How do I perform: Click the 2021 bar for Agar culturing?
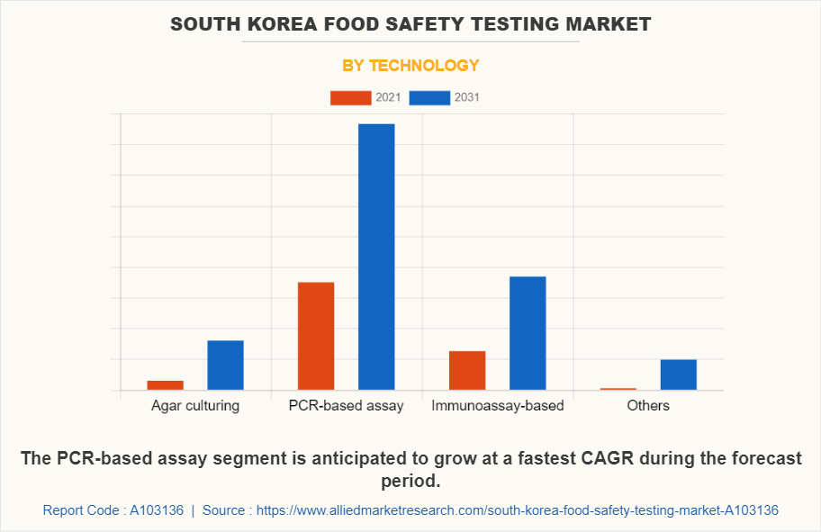[x=165, y=385]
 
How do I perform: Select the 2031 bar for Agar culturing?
[x=225, y=365]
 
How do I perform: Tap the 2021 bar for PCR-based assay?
[x=316, y=336]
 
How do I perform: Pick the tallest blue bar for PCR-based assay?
[x=376, y=257]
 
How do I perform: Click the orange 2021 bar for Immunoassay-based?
[x=467, y=370]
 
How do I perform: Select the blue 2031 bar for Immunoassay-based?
[x=528, y=333]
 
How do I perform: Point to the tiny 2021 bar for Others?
[x=618, y=389]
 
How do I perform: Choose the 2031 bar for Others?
[x=679, y=374]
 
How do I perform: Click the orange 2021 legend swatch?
[x=350, y=97]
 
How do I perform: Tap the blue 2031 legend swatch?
[x=429, y=97]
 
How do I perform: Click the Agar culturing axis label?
[x=195, y=405]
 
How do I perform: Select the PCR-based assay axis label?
[x=347, y=405]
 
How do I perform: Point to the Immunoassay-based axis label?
[x=498, y=405]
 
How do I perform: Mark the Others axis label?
[x=648, y=405]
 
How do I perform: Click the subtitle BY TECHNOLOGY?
[x=410, y=65]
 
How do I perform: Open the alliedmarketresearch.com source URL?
[x=518, y=510]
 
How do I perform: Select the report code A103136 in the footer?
[x=157, y=510]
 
